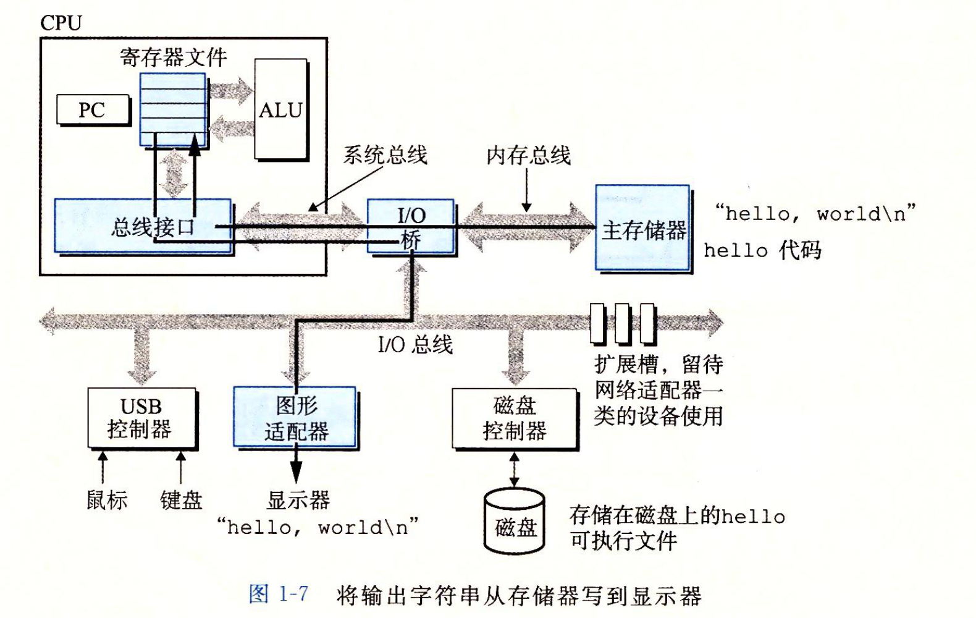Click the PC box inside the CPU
tap(93, 110)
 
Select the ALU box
tap(281, 109)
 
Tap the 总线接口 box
tap(142, 226)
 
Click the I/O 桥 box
tap(411, 226)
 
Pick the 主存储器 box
tap(642, 229)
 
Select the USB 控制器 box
tap(141, 418)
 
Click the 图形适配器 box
tap(295, 418)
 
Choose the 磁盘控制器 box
tap(514, 418)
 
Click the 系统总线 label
tap(385, 154)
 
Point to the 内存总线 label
tap(528, 155)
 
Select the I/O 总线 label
tap(415, 344)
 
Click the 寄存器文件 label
tap(173, 57)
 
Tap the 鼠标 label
tap(107, 499)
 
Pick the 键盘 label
tap(181, 499)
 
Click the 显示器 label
tap(298, 499)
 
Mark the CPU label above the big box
tap(61, 23)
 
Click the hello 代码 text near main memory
tap(762, 250)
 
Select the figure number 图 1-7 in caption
tap(279, 595)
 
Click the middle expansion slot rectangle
tap(622, 323)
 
